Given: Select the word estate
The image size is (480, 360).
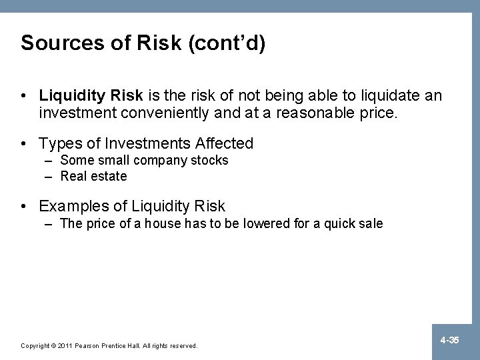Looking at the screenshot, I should click(109, 176).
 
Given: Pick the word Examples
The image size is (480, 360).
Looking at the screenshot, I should click(72, 206).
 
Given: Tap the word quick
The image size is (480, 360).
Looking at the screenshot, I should click(340, 223).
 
